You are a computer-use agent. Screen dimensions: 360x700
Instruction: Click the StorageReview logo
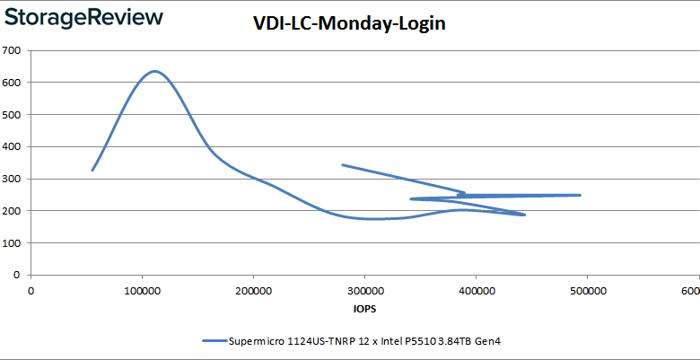click(84, 18)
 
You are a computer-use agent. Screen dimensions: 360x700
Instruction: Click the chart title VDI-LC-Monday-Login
click(349, 24)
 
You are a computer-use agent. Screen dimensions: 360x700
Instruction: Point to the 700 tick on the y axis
click(13, 50)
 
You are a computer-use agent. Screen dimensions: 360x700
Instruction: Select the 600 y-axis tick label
click(13, 83)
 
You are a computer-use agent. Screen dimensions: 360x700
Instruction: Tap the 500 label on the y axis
click(13, 114)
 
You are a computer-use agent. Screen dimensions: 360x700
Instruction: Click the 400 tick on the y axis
click(13, 146)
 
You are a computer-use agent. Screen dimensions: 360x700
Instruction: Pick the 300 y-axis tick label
click(13, 179)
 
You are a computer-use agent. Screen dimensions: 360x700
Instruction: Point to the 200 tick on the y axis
click(13, 211)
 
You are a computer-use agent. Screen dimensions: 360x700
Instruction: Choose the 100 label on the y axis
click(13, 242)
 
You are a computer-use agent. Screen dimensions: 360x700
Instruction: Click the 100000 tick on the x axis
click(142, 291)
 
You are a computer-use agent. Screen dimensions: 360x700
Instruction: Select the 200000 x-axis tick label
click(253, 291)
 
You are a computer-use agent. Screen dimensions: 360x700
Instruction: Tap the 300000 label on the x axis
click(364, 291)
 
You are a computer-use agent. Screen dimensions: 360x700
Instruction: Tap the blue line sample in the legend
click(215, 341)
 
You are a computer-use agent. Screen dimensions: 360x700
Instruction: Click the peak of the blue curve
click(154, 71)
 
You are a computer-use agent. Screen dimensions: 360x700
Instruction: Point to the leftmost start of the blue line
click(92, 170)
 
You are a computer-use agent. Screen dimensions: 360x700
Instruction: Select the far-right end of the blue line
click(580, 195)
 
